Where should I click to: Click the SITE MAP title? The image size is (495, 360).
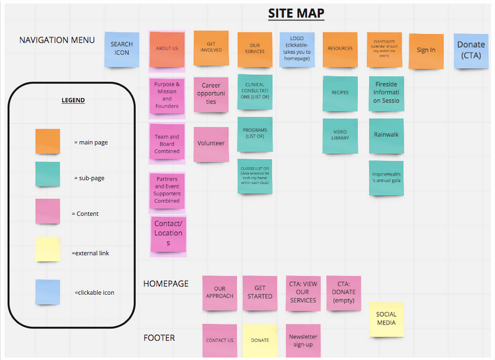click(296, 14)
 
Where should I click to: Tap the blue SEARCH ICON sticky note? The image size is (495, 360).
click(122, 49)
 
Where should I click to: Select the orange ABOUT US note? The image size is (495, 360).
click(167, 49)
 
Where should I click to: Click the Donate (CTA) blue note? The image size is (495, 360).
click(471, 50)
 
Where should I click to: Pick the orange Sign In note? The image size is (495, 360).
click(426, 51)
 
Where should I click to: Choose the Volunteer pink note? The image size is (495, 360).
click(211, 144)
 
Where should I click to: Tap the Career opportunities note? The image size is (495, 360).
click(211, 94)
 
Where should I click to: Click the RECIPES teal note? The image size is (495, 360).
click(340, 93)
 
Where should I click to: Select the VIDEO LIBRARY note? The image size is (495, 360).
click(340, 136)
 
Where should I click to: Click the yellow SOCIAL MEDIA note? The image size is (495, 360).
click(386, 319)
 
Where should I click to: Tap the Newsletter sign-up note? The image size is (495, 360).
click(303, 341)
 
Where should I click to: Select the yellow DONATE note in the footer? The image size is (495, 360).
click(260, 341)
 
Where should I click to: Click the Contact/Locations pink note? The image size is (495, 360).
click(168, 234)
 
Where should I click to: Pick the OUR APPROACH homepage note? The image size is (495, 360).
click(219, 293)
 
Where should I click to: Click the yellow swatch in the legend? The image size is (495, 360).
click(48, 249)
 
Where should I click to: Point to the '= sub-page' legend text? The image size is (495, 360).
click(89, 178)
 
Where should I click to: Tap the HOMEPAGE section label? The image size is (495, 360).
click(166, 284)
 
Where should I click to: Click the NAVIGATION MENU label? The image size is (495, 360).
click(57, 40)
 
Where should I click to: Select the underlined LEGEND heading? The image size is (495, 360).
click(73, 101)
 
